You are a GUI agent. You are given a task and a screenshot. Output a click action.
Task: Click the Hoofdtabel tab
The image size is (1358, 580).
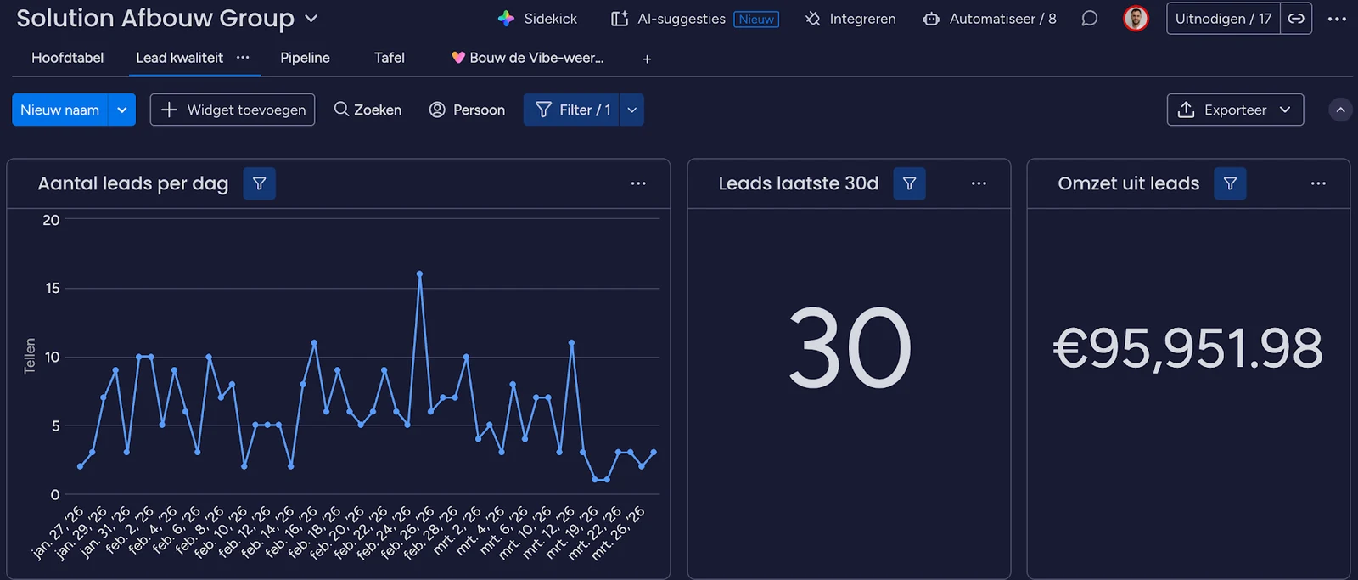(x=67, y=59)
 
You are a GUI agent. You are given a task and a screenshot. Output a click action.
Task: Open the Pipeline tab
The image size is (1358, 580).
(x=305, y=59)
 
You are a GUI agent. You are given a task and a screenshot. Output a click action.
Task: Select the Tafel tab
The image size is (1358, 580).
(x=390, y=59)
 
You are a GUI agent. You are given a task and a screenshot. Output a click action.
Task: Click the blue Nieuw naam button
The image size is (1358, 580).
(x=60, y=110)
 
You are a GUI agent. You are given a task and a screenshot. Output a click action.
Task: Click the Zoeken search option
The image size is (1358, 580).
(x=368, y=110)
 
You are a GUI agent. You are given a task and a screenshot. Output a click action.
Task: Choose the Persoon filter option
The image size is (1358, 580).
(x=467, y=110)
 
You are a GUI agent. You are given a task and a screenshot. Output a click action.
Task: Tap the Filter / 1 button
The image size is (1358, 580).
(x=571, y=110)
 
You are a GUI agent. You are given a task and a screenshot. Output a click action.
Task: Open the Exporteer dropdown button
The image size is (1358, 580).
(x=1235, y=110)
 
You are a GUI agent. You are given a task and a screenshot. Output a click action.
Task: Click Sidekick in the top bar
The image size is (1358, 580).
(x=537, y=19)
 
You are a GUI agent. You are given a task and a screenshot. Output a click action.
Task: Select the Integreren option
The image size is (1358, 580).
(x=850, y=19)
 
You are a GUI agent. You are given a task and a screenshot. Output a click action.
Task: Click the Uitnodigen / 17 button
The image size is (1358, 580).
(x=1223, y=19)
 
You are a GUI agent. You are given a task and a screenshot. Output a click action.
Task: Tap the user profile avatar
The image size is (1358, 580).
(x=1136, y=19)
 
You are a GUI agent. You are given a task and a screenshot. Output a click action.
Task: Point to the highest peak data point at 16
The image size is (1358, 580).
(x=419, y=274)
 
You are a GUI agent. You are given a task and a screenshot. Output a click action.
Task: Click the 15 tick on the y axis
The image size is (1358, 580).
(x=53, y=288)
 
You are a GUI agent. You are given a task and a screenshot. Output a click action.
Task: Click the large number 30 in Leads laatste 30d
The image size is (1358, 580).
(x=850, y=347)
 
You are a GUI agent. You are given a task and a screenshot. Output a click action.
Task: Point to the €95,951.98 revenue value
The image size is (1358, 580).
(x=1187, y=347)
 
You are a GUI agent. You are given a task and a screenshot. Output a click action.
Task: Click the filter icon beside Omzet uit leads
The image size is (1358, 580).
(x=1230, y=183)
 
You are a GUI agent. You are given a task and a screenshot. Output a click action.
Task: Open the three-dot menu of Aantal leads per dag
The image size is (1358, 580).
(x=638, y=183)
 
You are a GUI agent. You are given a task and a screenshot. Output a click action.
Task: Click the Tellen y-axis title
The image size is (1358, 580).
(x=30, y=356)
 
